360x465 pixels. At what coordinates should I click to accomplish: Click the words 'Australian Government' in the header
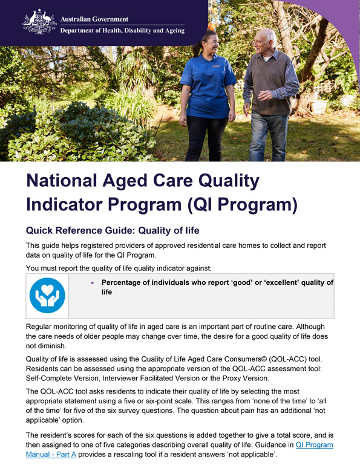point(95,19)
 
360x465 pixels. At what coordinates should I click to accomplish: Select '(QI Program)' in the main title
point(243,204)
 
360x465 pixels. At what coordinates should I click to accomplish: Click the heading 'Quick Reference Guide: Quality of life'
point(112,230)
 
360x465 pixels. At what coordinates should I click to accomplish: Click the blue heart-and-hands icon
point(47,296)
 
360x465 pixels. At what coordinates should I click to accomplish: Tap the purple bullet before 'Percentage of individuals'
point(91,282)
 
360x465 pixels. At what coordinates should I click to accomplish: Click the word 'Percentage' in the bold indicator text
point(126,282)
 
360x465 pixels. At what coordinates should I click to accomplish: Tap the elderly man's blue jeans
point(269,136)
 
